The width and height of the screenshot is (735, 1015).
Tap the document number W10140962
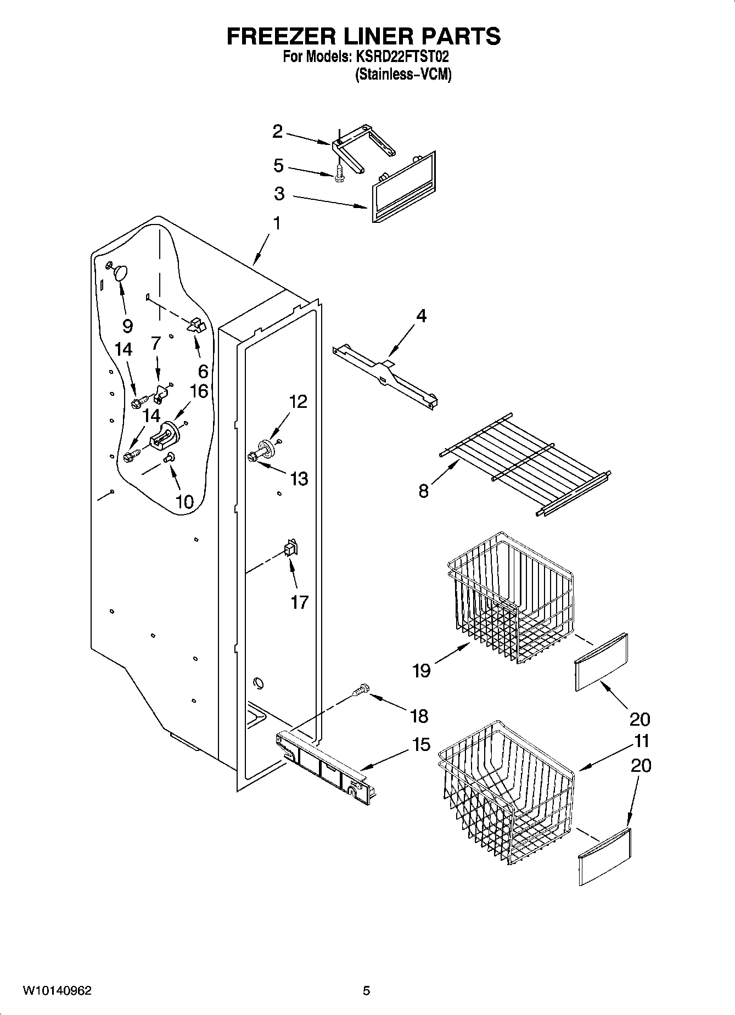[x=57, y=991]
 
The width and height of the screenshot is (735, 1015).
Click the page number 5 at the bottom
[x=367, y=991]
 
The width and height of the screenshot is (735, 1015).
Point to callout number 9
[x=127, y=327]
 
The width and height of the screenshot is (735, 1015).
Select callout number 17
[x=299, y=602]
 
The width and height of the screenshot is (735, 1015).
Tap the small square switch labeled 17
[x=290, y=548]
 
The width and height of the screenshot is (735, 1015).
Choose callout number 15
[x=422, y=745]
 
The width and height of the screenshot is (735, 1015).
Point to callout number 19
[x=421, y=670]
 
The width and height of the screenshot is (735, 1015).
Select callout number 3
[x=279, y=193]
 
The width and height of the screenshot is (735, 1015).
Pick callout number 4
[x=421, y=316]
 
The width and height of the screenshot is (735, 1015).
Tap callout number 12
[x=298, y=402]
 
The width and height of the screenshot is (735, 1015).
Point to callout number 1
[x=277, y=224]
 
